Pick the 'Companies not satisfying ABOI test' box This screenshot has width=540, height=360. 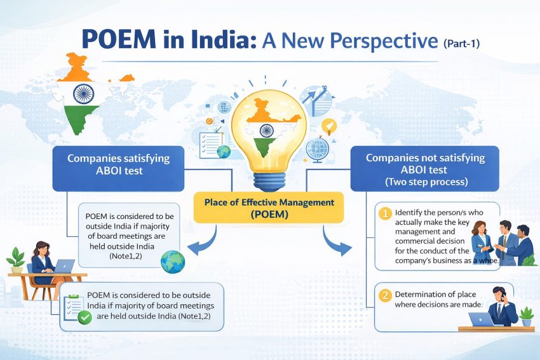pos(425,170)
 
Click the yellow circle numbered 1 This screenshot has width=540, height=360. pos(384,213)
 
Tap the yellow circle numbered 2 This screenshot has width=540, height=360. pos(384,295)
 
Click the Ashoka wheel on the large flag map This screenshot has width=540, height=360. pos(83,94)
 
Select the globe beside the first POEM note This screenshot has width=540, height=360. pos(172,262)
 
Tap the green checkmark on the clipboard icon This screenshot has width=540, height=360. pos(84,316)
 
